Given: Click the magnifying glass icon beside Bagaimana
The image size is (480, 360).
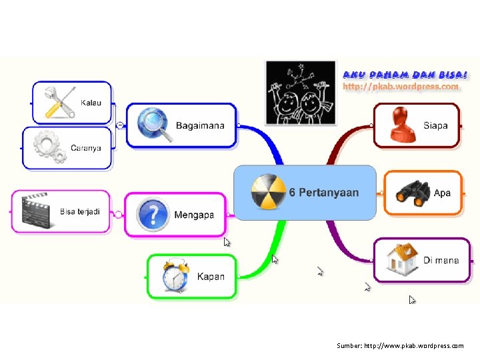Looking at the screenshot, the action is coord(153,125).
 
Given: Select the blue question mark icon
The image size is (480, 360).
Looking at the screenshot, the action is coord(153,215).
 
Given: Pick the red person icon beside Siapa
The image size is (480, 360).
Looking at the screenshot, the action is coord(401,125).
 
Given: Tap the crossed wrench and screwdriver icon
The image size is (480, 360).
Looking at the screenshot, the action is coord(58,102).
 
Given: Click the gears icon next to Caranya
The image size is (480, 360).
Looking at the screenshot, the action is coord(50,147).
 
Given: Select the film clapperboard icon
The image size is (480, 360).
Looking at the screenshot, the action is coord(35,211).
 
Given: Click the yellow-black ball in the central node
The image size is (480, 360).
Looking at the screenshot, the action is coord(267,192).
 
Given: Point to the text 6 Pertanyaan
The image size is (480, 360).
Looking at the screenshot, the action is coord(324,193).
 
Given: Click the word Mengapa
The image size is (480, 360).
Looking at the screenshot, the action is coord(194,215).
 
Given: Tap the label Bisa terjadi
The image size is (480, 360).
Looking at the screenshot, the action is coord(80,211).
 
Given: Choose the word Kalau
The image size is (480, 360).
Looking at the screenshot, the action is coord(91,103).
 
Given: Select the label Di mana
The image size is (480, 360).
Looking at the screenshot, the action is coord(441,261).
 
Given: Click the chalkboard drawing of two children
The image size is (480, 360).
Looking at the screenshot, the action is coord(300,92).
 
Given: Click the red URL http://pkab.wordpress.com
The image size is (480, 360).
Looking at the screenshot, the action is coord(401,86).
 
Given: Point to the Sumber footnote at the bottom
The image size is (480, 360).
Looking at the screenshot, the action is coord(400,346).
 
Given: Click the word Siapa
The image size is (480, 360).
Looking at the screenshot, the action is coord(435,125).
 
